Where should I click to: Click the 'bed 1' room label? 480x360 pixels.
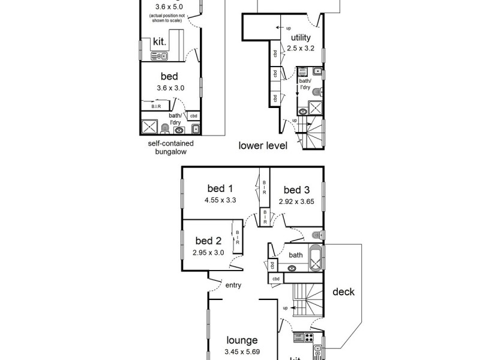[220, 188]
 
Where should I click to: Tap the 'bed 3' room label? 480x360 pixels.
[296, 190]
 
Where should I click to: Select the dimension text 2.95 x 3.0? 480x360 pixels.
[208, 253]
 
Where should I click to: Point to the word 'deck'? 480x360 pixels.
[343, 292]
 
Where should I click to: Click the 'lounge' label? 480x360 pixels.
[242, 340]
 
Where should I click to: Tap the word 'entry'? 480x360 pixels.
[233, 285]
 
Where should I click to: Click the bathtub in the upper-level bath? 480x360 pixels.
[315, 259]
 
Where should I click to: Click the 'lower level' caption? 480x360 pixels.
[263, 145]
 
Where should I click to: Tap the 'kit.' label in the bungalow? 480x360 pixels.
[160, 41]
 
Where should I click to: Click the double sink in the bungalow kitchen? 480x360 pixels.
[160, 56]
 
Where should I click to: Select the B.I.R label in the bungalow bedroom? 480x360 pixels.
[156, 106]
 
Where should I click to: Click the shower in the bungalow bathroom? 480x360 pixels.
[148, 127]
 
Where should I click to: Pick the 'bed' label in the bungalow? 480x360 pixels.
[169, 76]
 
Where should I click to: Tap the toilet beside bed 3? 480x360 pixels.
[318, 235]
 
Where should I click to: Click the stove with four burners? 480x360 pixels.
[310, 337]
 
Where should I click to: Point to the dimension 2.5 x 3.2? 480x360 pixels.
[300, 48]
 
